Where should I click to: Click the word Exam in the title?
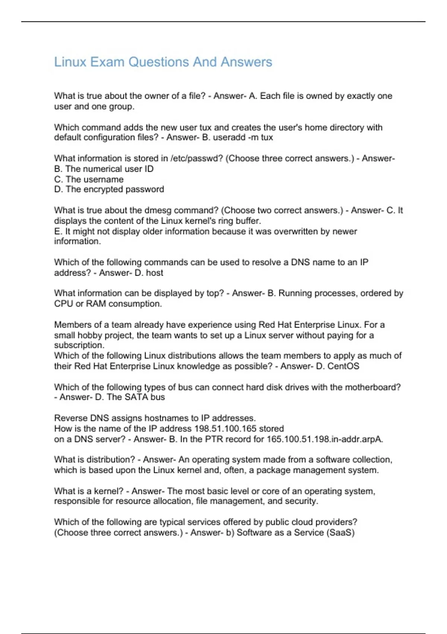pyautogui.click(x=107, y=62)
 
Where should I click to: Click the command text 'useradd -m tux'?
pyautogui.click(x=243, y=138)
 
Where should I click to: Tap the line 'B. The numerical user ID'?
pyautogui.click(x=104, y=169)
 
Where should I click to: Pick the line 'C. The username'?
pyautogui.click(x=89, y=179)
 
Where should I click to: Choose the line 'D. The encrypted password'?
pyautogui.click(x=109, y=189)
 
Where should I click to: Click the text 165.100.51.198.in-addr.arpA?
pyautogui.click(x=324, y=439)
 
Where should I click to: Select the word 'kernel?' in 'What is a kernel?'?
pyautogui.click(x=108, y=491)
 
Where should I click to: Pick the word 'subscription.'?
pyautogui.click(x=79, y=345)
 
